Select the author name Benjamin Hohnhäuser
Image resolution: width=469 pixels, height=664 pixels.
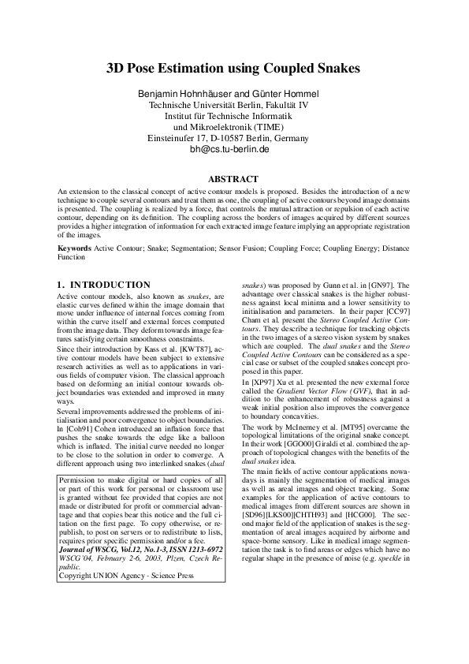pos(183,95)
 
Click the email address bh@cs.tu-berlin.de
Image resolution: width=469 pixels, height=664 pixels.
pos(234,148)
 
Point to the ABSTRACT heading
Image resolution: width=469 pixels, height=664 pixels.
pos(234,179)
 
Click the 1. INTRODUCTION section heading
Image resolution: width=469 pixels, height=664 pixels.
pos(104,284)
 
